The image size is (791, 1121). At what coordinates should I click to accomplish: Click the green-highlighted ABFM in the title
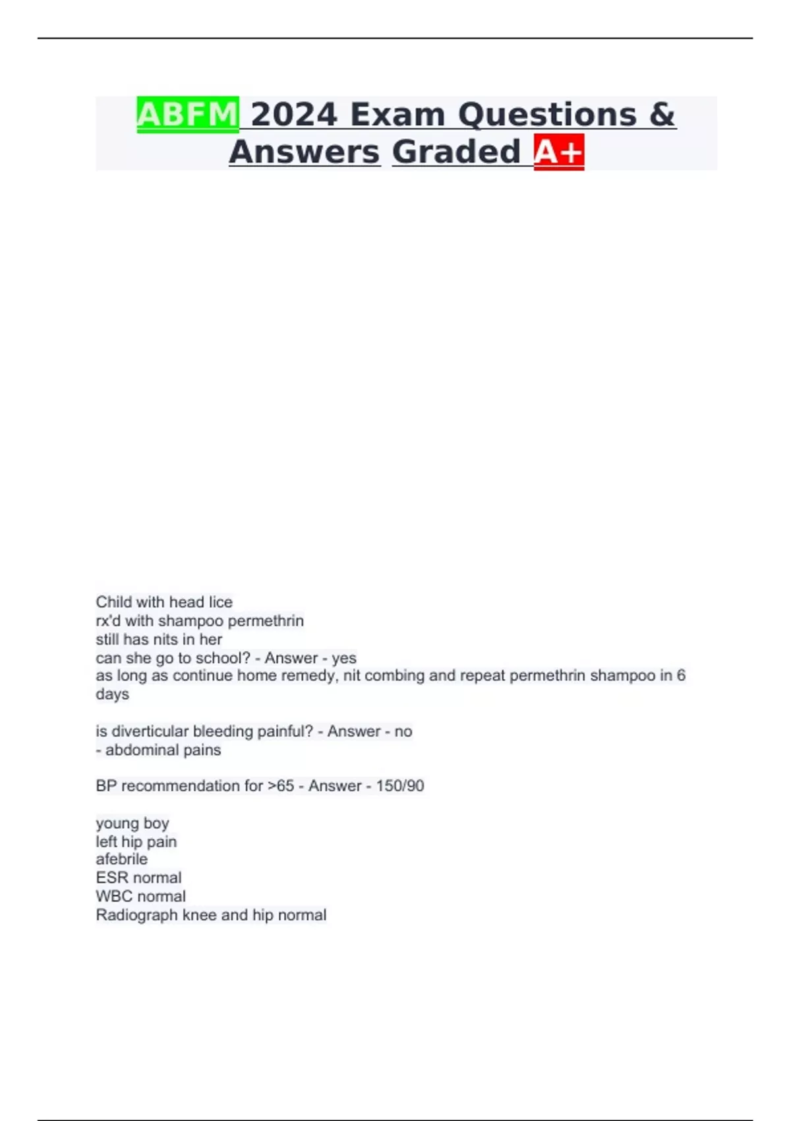coord(187,115)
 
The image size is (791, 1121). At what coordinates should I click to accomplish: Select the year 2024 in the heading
coord(294,115)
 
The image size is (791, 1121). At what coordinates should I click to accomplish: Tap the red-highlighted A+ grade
coord(559,152)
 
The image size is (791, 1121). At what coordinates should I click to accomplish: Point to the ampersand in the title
coord(662,115)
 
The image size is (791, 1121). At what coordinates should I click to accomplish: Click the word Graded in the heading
coord(456,152)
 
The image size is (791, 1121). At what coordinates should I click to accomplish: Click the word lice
coord(220,602)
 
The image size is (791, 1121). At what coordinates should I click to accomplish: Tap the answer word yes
coord(344,658)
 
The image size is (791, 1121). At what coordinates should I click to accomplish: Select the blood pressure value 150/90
coord(400,786)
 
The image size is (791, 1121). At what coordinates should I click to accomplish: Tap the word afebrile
coord(122,859)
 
